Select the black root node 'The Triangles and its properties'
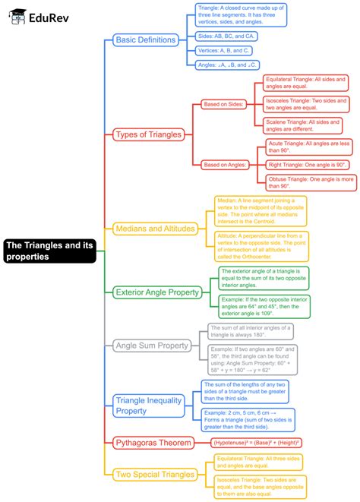tap(49, 251)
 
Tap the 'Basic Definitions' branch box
tap(145, 39)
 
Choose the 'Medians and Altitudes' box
tap(155, 228)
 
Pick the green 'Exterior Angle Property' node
tap(156, 292)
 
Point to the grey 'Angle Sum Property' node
tap(151, 346)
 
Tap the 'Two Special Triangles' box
tap(155, 475)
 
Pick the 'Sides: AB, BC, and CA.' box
tap(225, 36)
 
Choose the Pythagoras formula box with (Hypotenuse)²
tap(257, 442)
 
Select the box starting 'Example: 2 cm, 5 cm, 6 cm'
tap(248, 419)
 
